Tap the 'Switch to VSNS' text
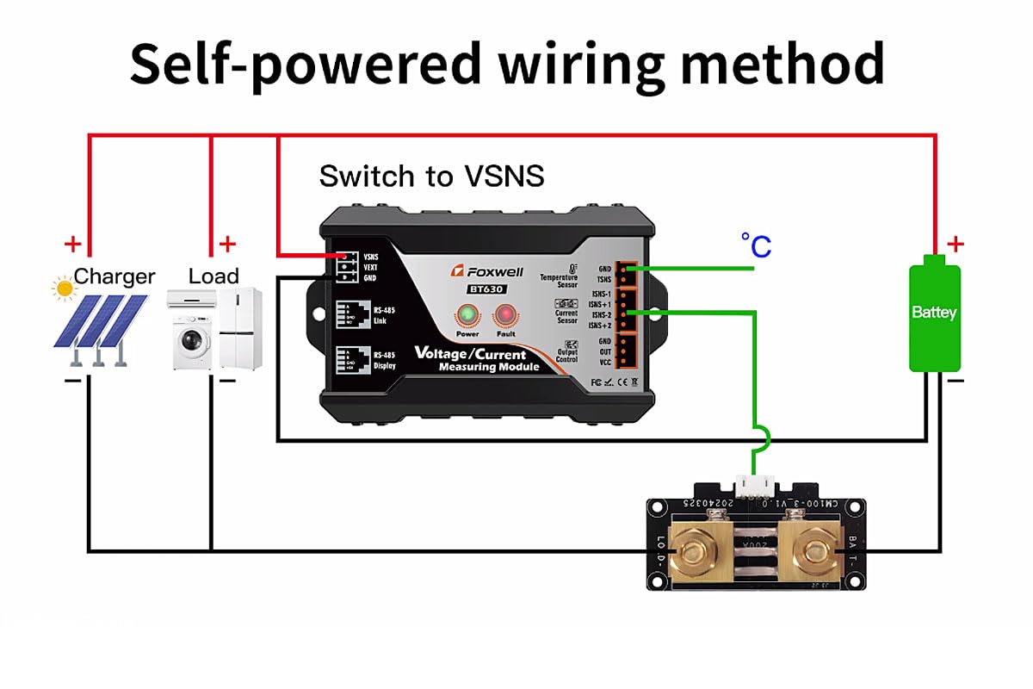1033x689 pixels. click(x=431, y=176)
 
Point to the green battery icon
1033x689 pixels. click(x=934, y=313)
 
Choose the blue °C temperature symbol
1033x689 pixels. click(x=756, y=246)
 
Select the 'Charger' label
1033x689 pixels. click(x=114, y=276)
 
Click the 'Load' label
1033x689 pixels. click(x=213, y=276)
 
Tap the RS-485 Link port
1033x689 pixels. click(x=349, y=311)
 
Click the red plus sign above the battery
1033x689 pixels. click(x=955, y=245)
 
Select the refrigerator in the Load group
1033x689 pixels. click(x=239, y=328)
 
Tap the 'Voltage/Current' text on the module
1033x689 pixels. click(x=470, y=354)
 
